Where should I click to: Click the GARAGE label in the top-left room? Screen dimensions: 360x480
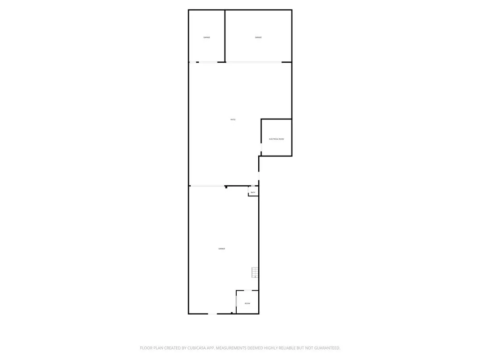[207, 37]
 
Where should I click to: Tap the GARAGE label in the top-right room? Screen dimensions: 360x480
[258, 37]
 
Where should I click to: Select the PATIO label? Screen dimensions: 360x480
[233, 120]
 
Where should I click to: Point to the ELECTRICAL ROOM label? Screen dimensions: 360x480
[277, 139]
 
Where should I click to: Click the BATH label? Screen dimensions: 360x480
[253, 193]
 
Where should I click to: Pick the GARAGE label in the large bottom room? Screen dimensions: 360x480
[222, 248]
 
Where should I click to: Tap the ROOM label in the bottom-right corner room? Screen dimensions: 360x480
[247, 303]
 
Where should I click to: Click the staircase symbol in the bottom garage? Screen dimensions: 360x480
[255, 272]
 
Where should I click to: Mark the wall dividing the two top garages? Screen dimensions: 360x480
[225, 36]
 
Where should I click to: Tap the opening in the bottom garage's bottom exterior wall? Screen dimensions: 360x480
[213, 314]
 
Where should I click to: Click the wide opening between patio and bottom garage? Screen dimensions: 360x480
[207, 186]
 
